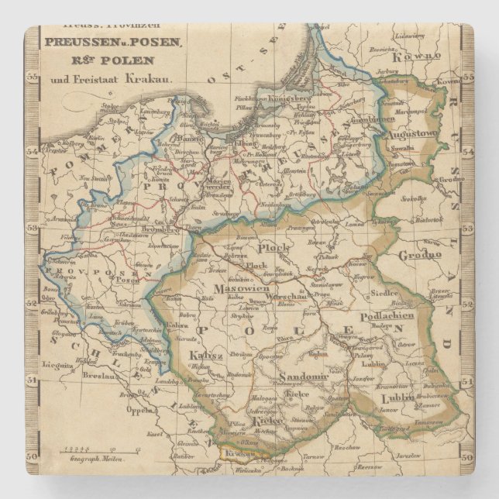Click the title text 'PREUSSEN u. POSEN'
click(x=114, y=43)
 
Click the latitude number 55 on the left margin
click(x=33, y=77)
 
